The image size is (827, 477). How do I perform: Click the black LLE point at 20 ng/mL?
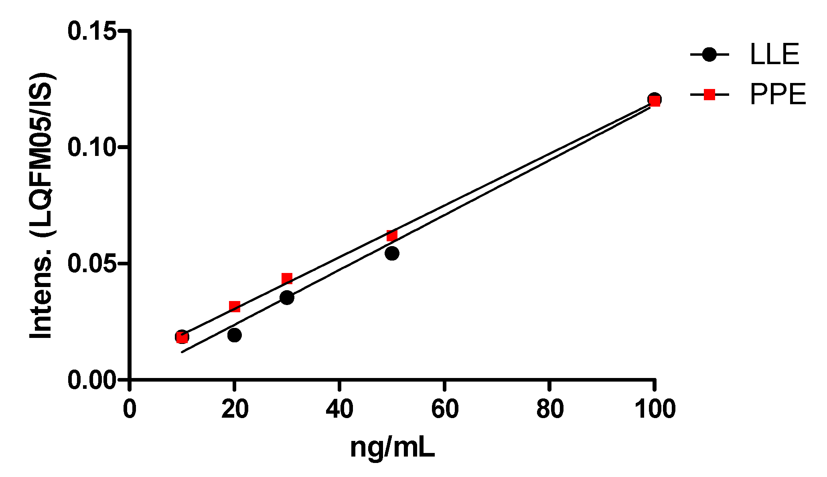coord(234,335)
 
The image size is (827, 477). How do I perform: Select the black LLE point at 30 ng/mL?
coord(287,297)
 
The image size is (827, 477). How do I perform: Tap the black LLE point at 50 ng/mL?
coord(392,253)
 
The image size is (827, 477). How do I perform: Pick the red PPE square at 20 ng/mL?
coord(235,307)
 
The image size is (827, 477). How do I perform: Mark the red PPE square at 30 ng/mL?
coord(287,279)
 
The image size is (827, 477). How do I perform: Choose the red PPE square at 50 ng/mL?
coord(392,235)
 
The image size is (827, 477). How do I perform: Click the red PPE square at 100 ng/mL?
coord(655,101)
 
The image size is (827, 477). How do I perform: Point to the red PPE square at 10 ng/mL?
coord(182,338)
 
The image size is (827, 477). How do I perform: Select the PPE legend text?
coord(778,95)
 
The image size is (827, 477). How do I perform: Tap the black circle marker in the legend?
coord(709,54)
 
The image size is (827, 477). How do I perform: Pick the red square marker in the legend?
coord(709,95)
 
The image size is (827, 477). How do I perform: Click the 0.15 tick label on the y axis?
coord(92,31)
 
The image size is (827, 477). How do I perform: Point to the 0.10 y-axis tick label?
coord(92,147)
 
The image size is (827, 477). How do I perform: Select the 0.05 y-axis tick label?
coord(92,263)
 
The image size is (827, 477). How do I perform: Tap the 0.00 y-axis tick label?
coord(92,380)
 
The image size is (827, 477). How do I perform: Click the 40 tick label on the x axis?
coord(339,409)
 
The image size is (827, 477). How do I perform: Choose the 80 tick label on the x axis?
coord(550,409)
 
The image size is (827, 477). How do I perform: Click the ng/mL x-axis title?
coord(392,449)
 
